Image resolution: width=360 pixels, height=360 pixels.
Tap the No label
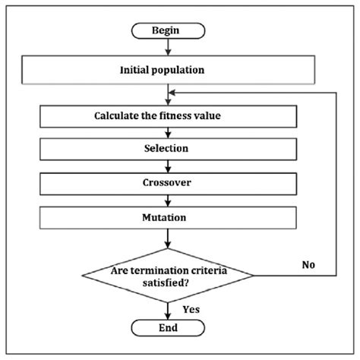(307, 265)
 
